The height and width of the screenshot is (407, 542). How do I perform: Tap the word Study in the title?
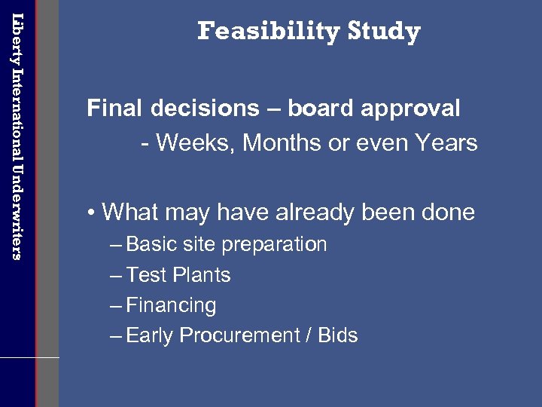(x=384, y=32)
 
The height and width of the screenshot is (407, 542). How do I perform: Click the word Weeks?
(x=193, y=142)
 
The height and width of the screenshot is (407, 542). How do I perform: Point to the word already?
(x=316, y=213)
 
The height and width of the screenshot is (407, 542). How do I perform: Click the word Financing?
(x=171, y=306)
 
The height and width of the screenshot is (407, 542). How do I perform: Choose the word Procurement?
(x=247, y=335)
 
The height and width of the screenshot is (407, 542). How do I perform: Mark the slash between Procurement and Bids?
(x=307, y=335)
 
